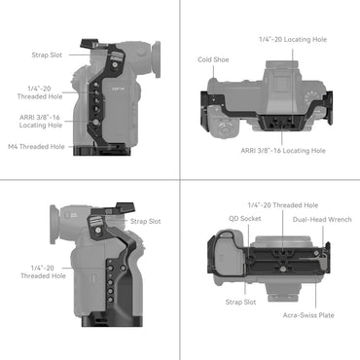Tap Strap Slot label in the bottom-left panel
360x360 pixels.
pos(148,220)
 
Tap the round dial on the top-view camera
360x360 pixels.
pos(225,126)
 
